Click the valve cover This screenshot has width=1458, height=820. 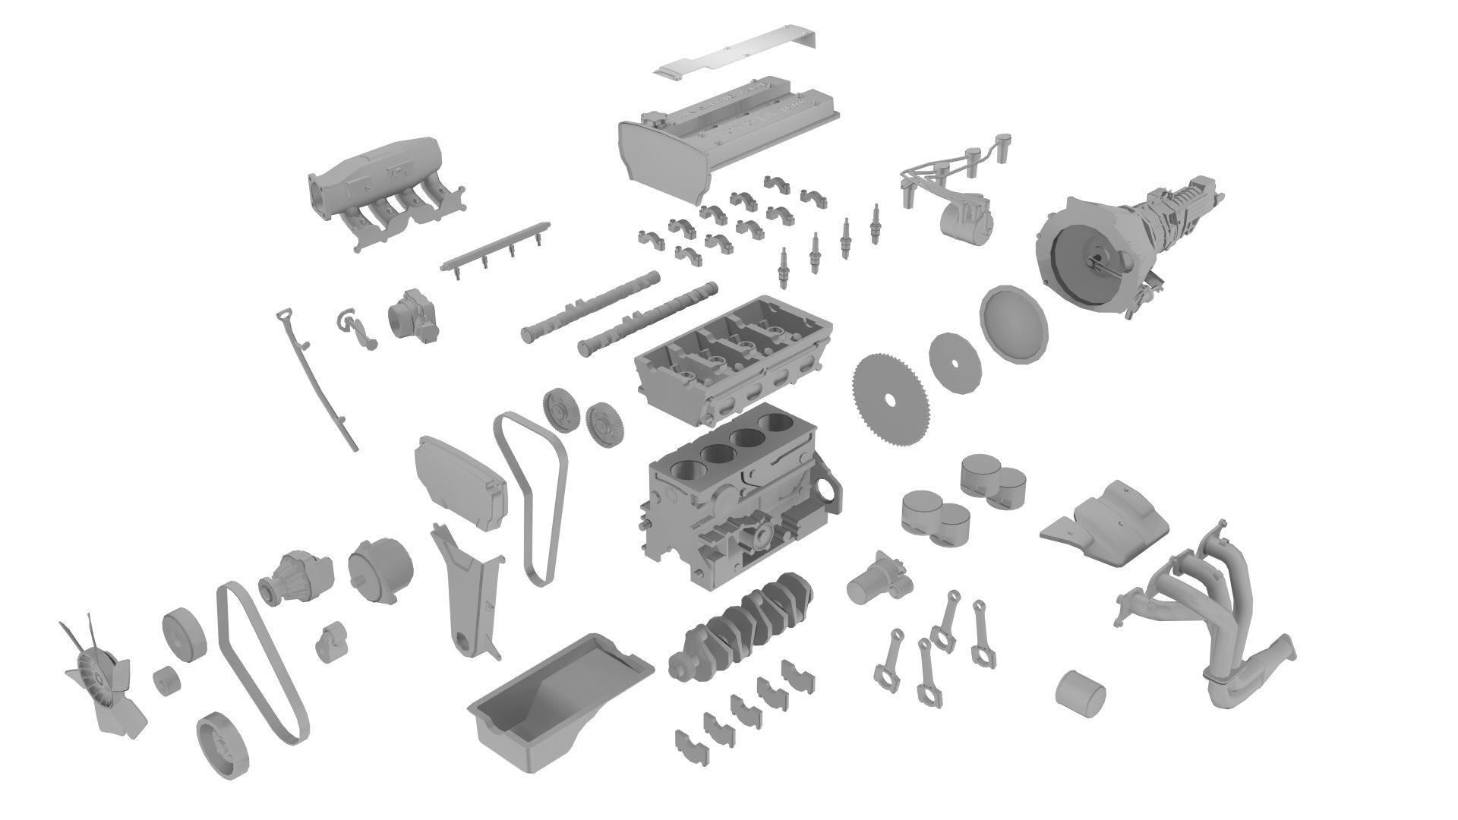[x=729, y=137]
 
